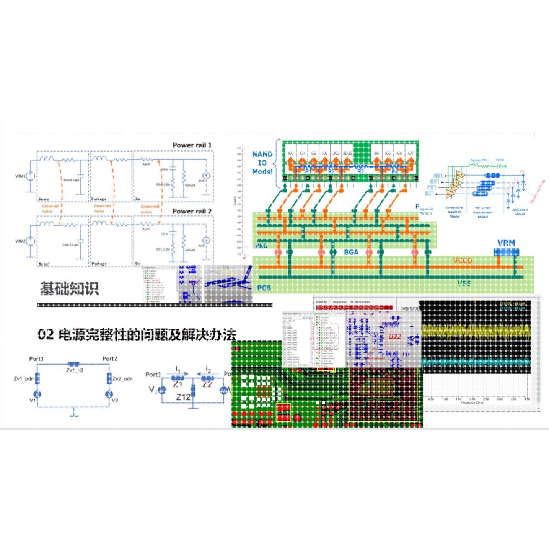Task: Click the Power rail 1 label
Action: (192, 145)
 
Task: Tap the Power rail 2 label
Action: (192, 212)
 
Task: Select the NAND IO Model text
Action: (262, 163)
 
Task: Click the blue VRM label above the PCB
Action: (506, 243)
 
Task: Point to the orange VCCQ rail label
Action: (463, 261)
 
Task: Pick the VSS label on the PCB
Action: (464, 283)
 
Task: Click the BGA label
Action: (351, 252)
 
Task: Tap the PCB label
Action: (264, 288)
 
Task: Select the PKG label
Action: (261, 246)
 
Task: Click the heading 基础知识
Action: (70, 288)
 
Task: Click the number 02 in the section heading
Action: (46, 335)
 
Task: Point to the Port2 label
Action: (110, 359)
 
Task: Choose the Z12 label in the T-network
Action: (183, 397)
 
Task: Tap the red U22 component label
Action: (395, 337)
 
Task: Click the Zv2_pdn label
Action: (122, 379)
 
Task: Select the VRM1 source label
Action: (20, 176)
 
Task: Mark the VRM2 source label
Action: (20, 241)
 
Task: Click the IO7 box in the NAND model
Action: (410, 153)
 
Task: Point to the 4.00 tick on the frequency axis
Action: (527, 399)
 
